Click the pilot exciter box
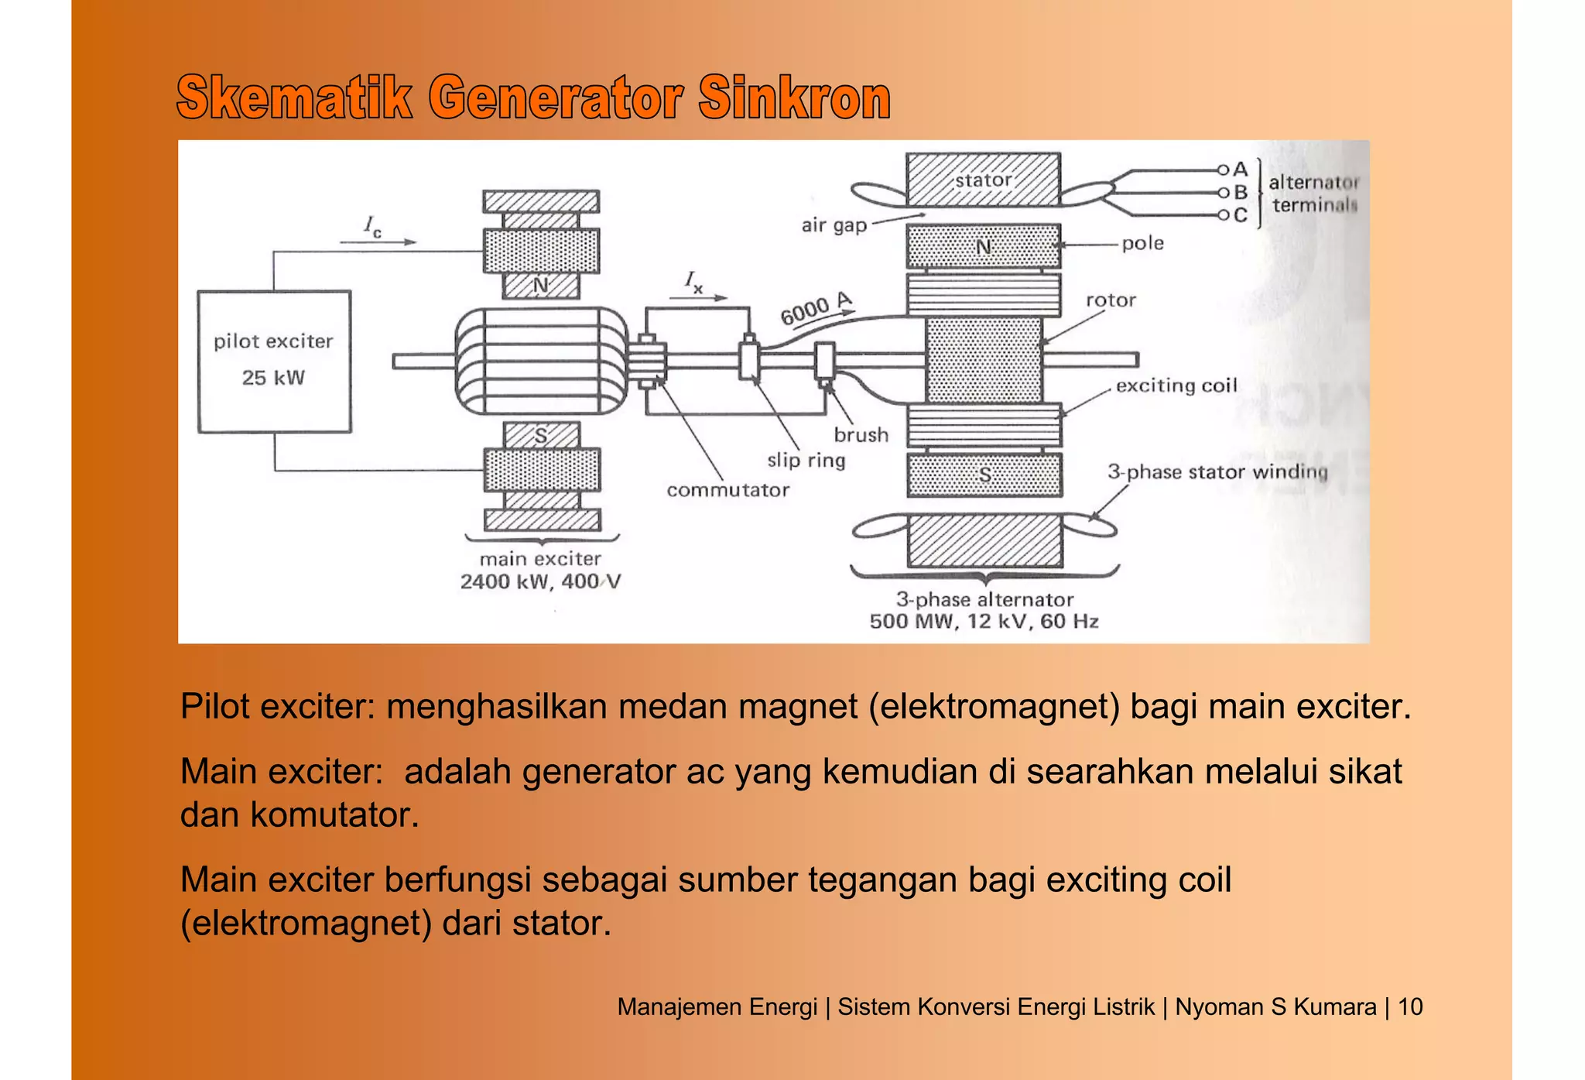tap(274, 362)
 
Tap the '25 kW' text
tap(273, 378)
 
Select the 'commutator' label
tap(727, 490)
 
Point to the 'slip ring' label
tap(806, 460)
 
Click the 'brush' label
tap(861, 435)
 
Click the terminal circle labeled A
tap(1223, 170)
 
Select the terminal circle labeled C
tap(1223, 215)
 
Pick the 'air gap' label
tap(834, 225)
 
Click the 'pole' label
tap(1142, 243)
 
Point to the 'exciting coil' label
tap(1176, 386)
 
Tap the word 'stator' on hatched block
tap(983, 180)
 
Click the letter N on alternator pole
tap(983, 247)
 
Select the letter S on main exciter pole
tap(541, 437)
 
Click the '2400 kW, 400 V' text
tap(540, 581)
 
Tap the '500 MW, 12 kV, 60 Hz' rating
tap(984, 621)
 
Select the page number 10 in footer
tap(1410, 1006)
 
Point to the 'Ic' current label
tap(372, 227)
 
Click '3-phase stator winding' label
tap(1217, 471)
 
